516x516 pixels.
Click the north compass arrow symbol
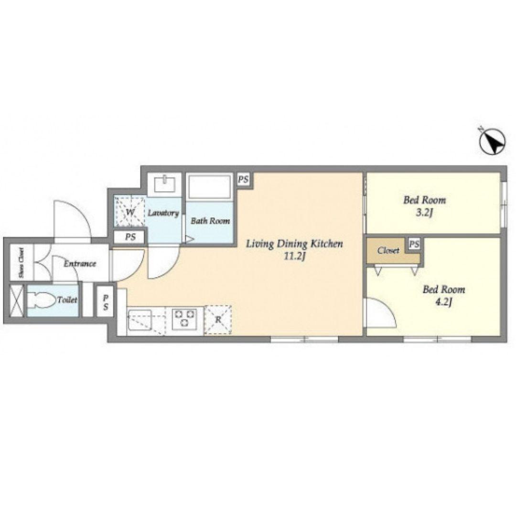[492, 141]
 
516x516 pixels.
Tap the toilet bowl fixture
[41, 300]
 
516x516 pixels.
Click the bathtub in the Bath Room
[209, 187]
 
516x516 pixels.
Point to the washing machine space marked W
[129, 212]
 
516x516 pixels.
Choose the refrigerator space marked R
[218, 320]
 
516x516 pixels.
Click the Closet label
[388, 251]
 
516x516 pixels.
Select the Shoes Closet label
[21, 263]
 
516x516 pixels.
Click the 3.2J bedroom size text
[424, 213]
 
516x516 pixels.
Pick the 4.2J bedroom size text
[443, 302]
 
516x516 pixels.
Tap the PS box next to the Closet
[414, 244]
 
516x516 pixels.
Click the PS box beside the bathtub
[243, 180]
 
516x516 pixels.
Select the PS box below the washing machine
[130, 237]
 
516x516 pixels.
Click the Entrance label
[80, 264]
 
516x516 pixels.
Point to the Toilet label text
[67, 300]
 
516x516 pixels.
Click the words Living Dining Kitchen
[294, 244]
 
